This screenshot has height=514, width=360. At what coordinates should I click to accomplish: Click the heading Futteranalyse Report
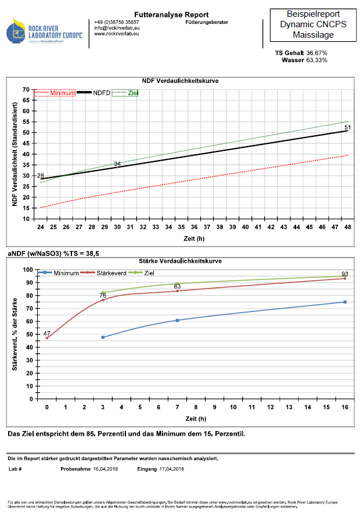[x=163, y=15]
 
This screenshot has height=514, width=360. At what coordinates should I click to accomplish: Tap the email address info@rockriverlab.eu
[x=117, y=28]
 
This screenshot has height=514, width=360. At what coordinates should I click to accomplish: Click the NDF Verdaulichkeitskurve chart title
[x=180, y=80]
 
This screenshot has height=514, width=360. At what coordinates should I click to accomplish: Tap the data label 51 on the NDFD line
[x=348, y=127]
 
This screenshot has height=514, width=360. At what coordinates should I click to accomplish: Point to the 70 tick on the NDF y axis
[x=26, y=89]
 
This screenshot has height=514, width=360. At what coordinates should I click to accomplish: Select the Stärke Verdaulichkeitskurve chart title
[x=181, y=261]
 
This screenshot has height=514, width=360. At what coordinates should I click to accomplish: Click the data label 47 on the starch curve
[x=47, y=334]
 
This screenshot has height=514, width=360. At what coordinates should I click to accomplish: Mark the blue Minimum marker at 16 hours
[x=345, y=302]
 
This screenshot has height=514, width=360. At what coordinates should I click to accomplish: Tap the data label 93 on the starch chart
[x=345, y=274]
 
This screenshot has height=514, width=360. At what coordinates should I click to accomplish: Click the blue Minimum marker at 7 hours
[x=177, y=320]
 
